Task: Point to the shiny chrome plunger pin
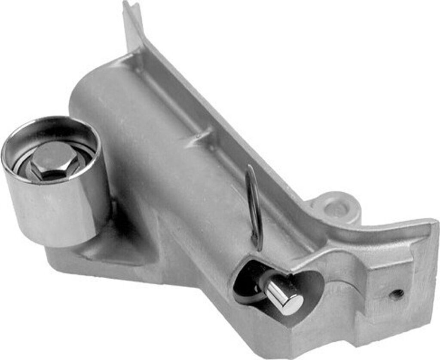click(281, 295)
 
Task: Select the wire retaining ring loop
click(254, 206)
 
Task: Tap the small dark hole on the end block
click(397, 294)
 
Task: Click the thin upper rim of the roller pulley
click(52, 122)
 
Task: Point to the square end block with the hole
click(395, 280)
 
